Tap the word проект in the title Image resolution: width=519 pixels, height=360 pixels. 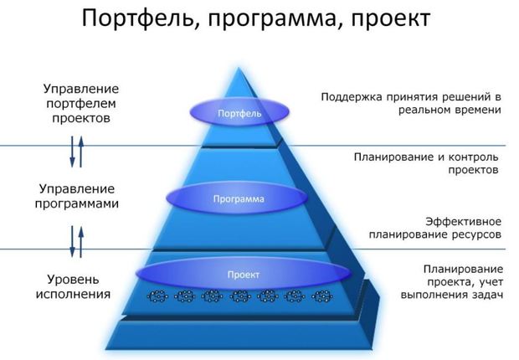coord(391,20)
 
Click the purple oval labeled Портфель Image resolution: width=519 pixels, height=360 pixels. coord(239,113)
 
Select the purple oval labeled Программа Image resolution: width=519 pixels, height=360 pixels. coord(237,198)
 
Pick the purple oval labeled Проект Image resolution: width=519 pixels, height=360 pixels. coord(244,275)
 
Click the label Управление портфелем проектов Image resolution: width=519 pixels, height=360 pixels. coord(81,103)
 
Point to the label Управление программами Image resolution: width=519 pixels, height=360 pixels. coord(77,196)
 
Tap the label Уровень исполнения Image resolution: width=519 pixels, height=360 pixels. coord(73,287)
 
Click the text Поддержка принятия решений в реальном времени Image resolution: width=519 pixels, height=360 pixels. coord(411,103)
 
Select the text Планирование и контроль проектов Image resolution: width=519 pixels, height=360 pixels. coord(426,163)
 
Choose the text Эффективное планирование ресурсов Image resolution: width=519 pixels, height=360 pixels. coord(435,228)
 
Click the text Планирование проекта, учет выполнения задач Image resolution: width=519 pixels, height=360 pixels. coord(452,282)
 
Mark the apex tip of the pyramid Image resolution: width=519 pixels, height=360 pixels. coord(239,68)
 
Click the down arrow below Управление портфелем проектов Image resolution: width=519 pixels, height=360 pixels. coord(72,152)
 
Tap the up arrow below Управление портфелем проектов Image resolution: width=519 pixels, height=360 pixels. coord(80,152)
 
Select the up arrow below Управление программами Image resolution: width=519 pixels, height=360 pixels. coord(80,242)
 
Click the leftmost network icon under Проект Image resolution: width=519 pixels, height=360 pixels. coord(157,296)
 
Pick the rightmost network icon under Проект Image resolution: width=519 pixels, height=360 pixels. coord(322,296)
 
